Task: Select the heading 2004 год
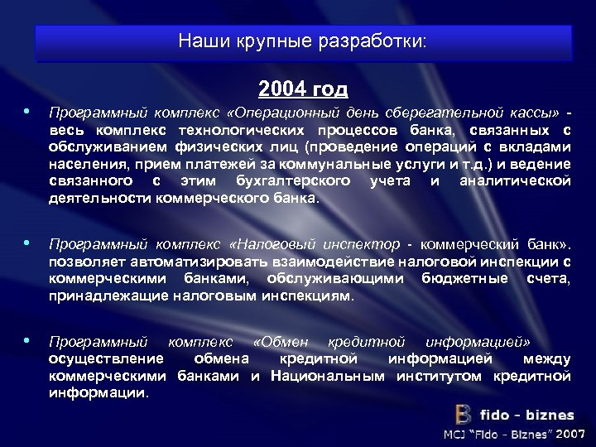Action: tap(303, 88)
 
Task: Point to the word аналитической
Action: tap(515, 180)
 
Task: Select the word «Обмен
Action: tap(281, 342)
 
